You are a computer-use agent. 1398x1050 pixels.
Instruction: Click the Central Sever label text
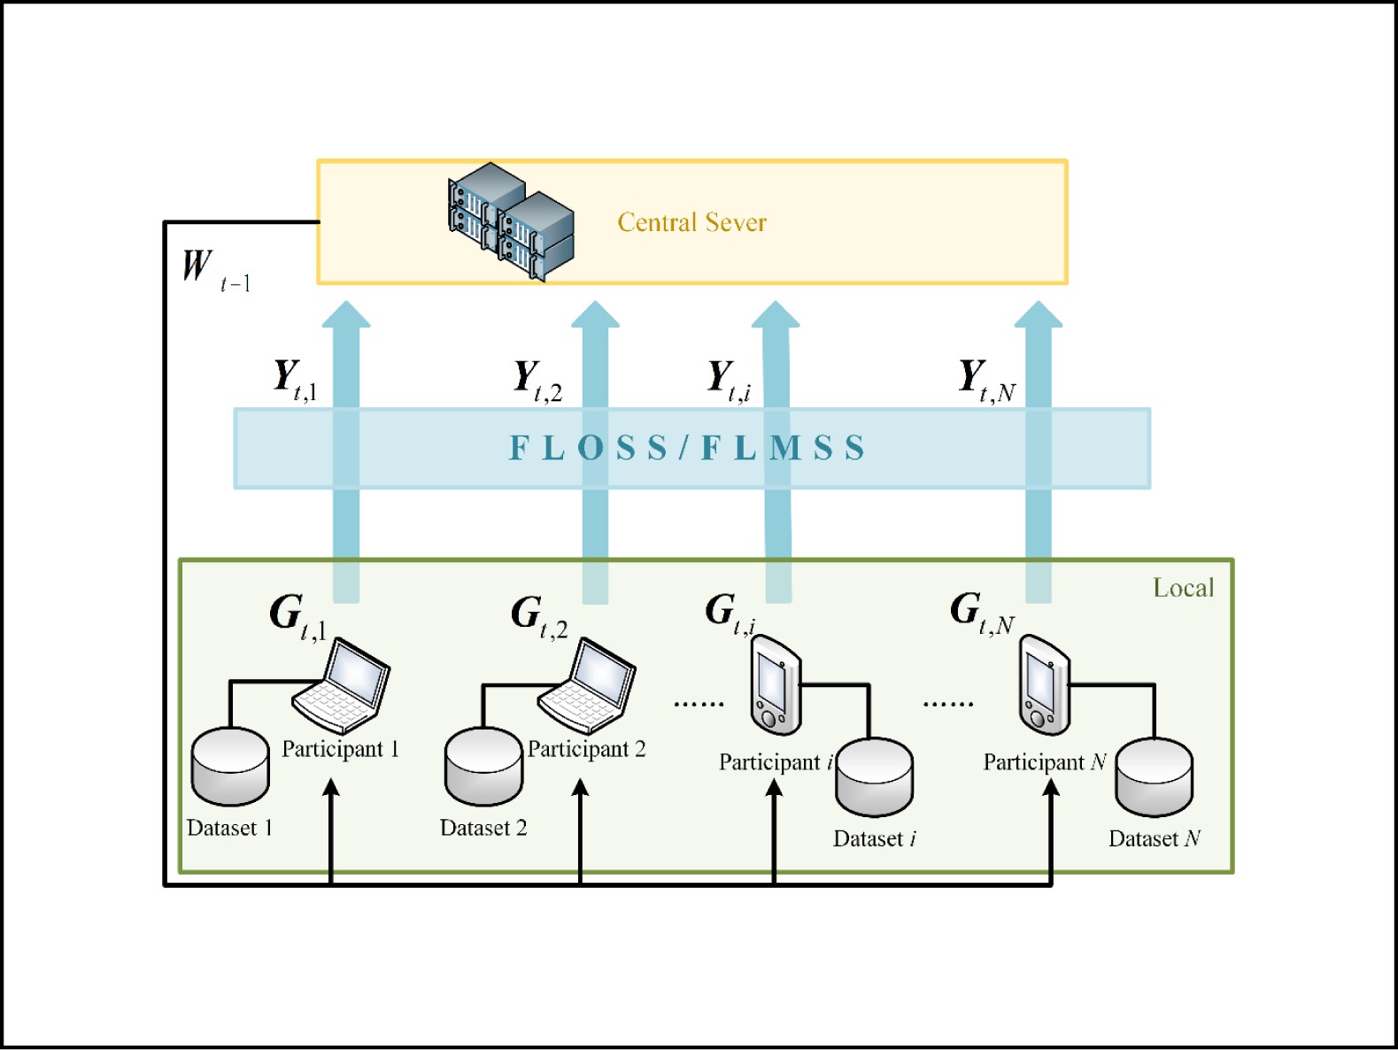pos(691,222)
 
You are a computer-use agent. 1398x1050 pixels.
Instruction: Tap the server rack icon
pos(511,221)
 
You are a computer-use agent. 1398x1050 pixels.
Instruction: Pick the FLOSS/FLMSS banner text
pos(687,448)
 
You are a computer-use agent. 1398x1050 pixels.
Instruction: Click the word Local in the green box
pos(1183,588)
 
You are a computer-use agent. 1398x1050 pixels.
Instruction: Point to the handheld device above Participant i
pos(776,685)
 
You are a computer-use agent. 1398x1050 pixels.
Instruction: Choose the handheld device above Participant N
pos(1045,685)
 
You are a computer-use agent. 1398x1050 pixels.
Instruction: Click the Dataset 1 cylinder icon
pos(230,766)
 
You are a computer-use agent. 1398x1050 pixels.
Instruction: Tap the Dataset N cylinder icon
pos(1154,777)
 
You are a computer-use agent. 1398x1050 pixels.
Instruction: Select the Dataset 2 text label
pos(483,829)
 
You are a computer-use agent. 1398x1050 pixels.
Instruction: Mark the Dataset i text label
pos(875,839)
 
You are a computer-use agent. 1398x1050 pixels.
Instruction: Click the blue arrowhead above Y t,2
pos(595,314)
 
